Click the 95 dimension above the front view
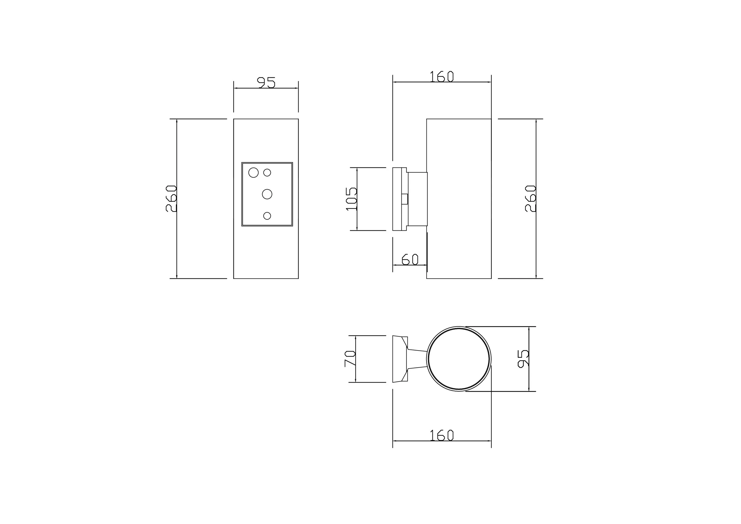tap(266, 83)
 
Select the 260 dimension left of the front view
tap(171, 198)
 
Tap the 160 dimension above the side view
tap(442, 77)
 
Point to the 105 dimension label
tap(351, 199)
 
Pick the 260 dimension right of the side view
tap(530, 198)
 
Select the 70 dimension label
tap(350, 359)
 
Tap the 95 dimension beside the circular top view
tap(523, 359)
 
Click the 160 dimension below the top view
tap(442, 435)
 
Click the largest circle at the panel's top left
tap(253, 173)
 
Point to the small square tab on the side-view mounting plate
tap(404, 199)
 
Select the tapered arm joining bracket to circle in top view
tap(417, 359)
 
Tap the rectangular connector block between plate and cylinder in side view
tap(418, 199)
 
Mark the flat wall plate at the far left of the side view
tap(397, 199)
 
